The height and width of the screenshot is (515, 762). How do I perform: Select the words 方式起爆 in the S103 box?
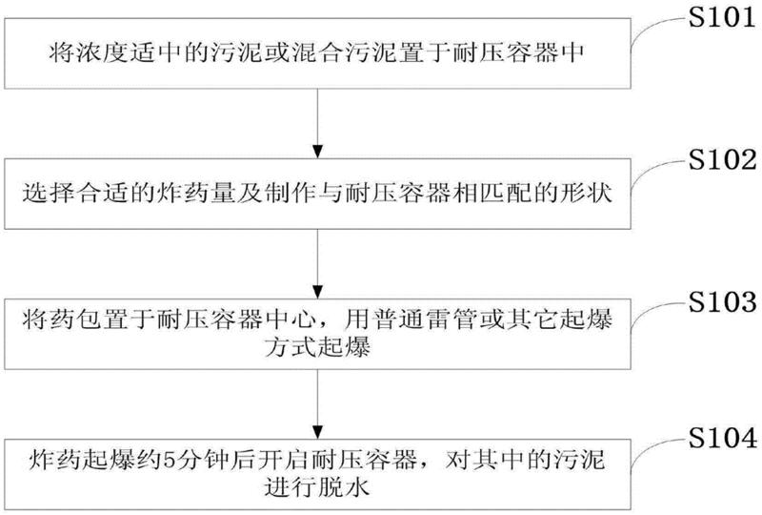pos(319,351)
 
